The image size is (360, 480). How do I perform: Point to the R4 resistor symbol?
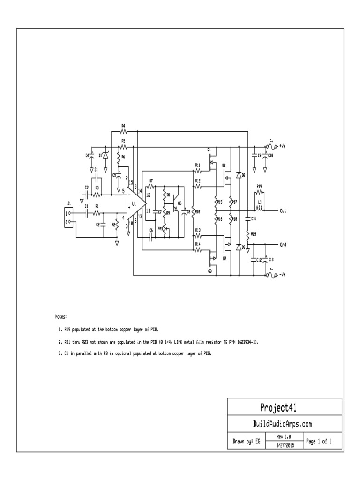pyautogui.click(x=124, y=132)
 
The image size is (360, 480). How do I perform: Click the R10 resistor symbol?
pyautogui.click(x=193, y=212)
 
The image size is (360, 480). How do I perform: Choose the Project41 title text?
pyautogui.click(x=285, y=406)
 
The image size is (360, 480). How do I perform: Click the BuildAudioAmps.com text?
pyautogui.click(x=285, y=424)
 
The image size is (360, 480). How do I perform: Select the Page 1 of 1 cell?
pyautogui.click(x=319, y=441)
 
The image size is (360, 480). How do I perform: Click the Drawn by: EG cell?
pyautogui.click(x=246, y=441)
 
